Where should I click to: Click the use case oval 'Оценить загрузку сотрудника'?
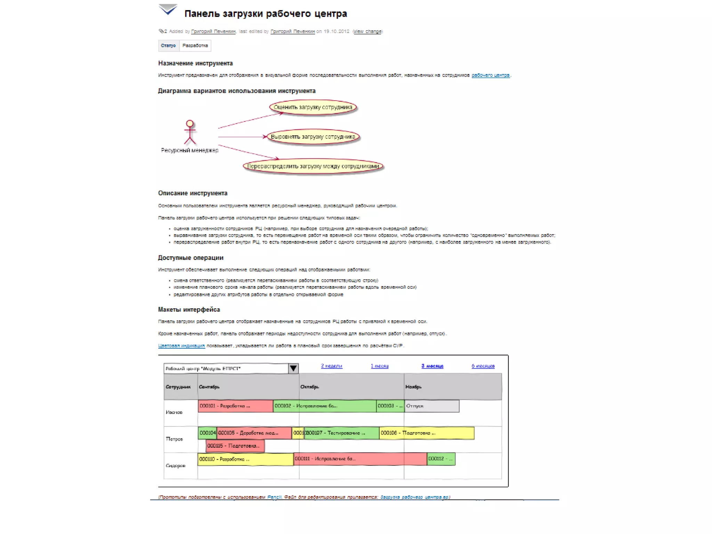tap(313, 107)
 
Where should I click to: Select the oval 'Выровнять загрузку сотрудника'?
tap(313, 137)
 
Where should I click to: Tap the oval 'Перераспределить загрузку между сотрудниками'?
tap(313, 166)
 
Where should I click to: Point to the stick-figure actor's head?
tap(189, 123)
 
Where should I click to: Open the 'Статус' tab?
tap(169, 46)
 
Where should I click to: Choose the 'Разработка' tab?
tap(195, 46)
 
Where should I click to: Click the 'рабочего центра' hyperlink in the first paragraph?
tap(491, 75)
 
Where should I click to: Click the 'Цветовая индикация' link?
tap(181, 346)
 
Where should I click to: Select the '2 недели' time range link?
tap(331, 366)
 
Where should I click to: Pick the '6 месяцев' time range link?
tap(483, 366)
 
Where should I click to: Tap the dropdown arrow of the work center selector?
tap(293, 368)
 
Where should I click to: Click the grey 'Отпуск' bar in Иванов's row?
tap(432, 406)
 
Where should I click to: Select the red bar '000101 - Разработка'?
tap(235, 406)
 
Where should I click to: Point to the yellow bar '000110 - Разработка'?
tap(245, 459)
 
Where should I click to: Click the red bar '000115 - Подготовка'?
tap(235, 446)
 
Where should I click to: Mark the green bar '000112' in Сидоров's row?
tap(441, 459)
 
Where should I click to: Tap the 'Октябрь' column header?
tap(309, 387)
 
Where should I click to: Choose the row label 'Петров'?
tap(174, 439)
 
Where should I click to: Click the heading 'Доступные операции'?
tap(191, 258)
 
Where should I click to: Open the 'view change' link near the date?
tap(367, 31)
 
